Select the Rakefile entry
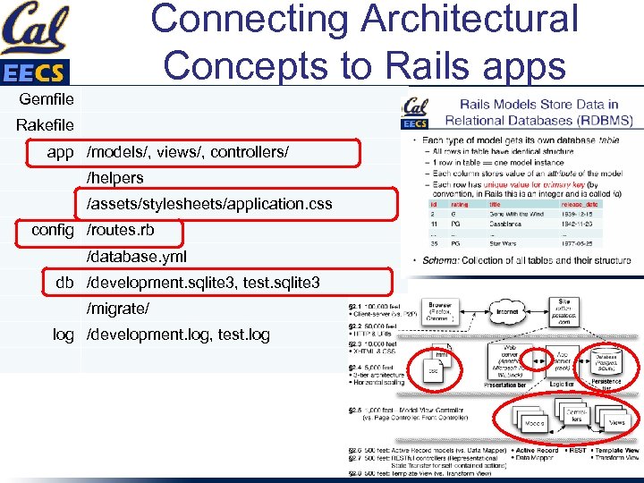tap(46, 125)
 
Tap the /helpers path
tap(114, 178)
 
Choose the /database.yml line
tap(137, 257)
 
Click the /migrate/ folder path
tap(118, 309)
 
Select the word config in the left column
tap(53, 230)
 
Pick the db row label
tap(64, 283)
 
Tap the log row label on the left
tap(63, 335)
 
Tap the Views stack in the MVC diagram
tap(616, 421)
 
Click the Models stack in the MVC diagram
tap(535, 422)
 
